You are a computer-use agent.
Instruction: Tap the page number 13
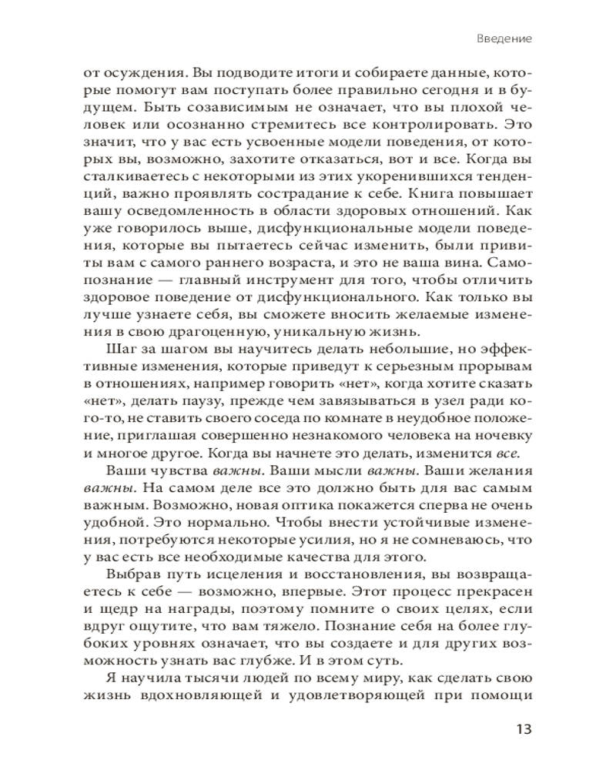[523, 729]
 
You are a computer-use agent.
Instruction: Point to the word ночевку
[500, 438]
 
